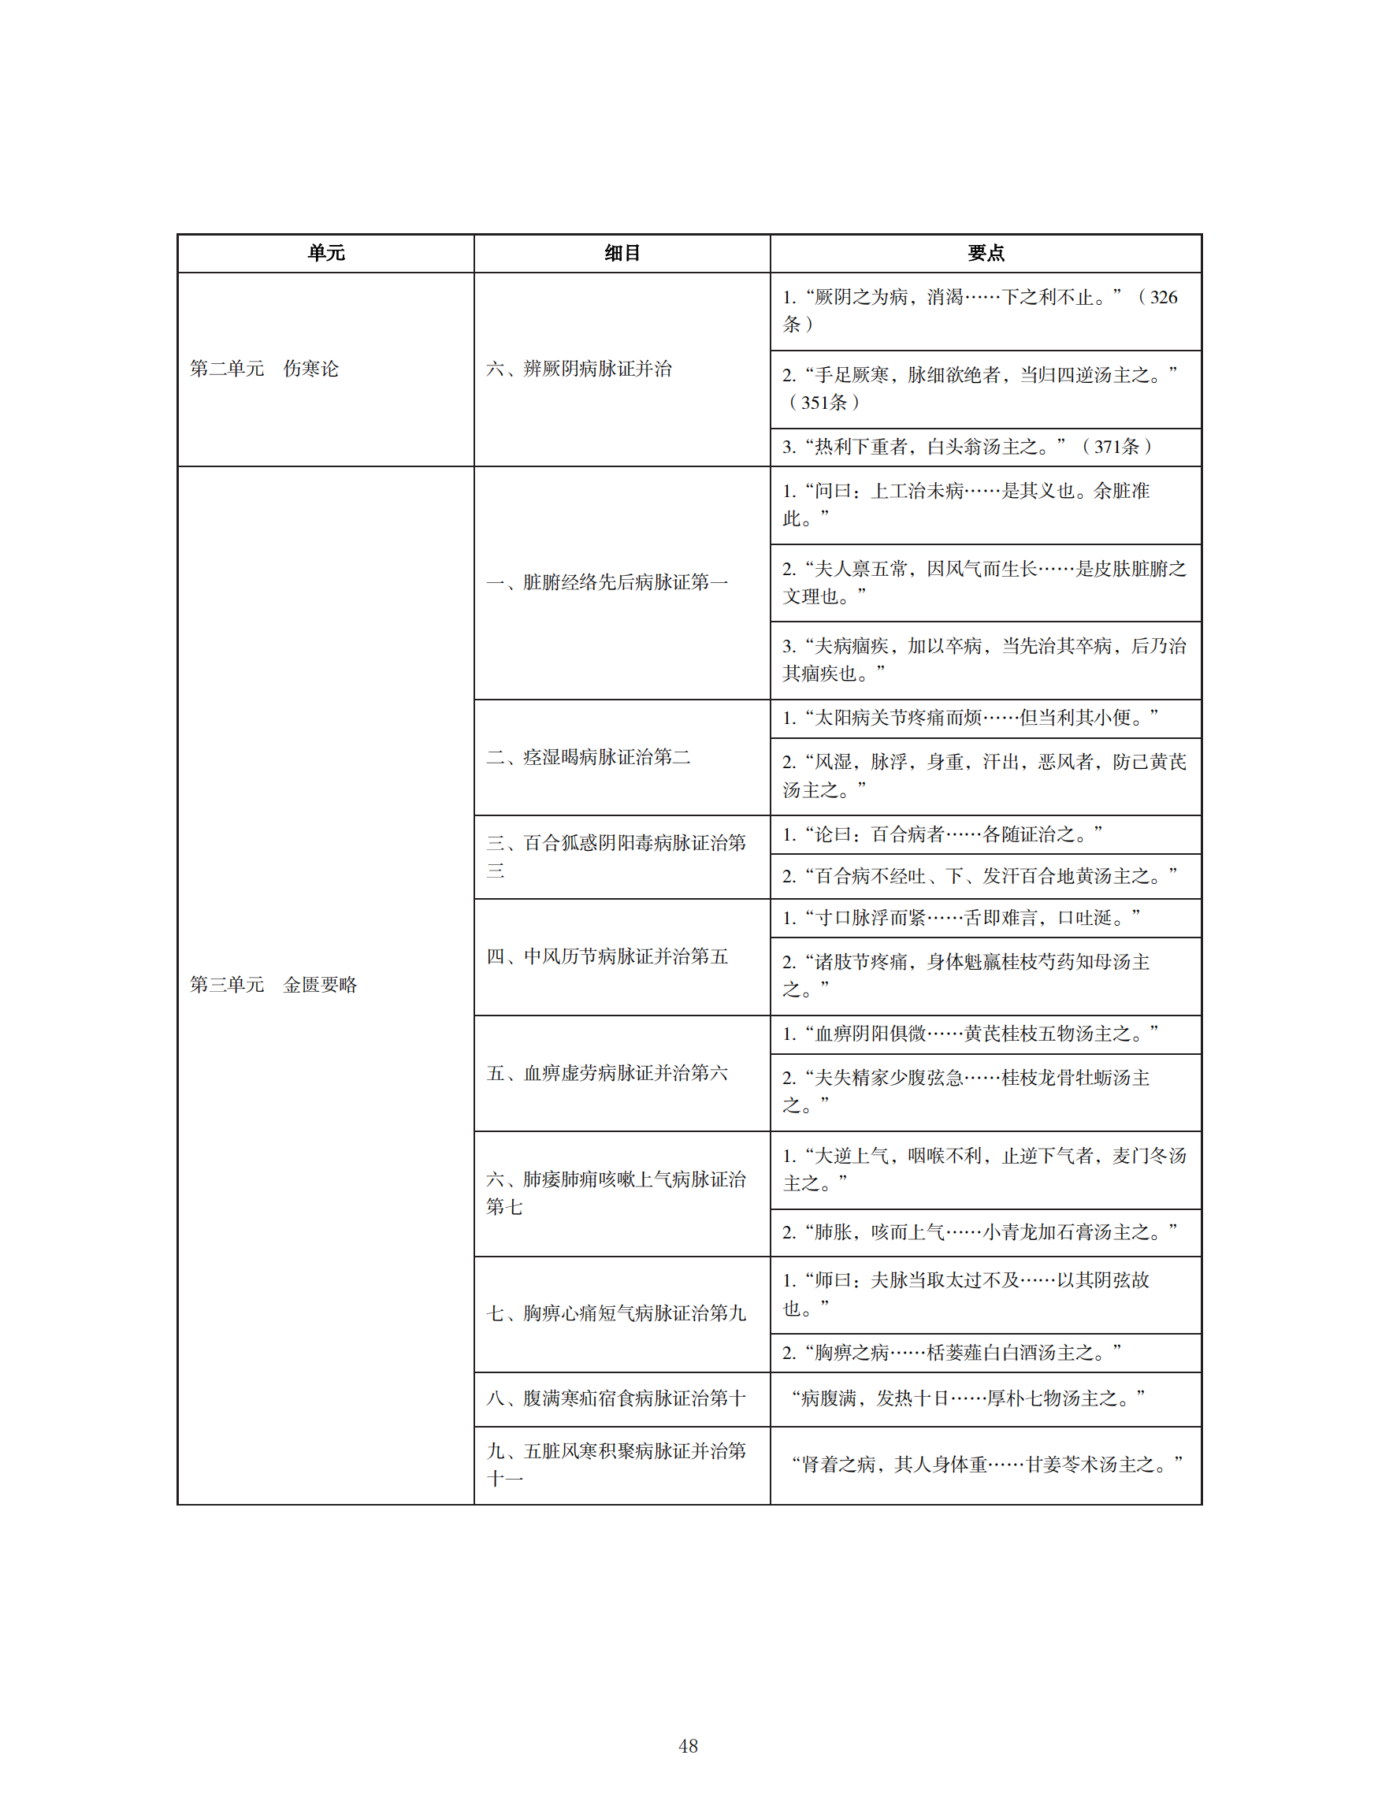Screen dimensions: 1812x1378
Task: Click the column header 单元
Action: tap(325, 254)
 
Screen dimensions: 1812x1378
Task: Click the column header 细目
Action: tap(622, 254)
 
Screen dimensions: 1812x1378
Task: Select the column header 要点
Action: tap(985, 254)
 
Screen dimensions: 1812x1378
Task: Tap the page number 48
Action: tap(688, 1746)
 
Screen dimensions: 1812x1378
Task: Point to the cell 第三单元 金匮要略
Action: tap(273, 984)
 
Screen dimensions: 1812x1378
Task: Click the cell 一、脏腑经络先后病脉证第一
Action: tap(607, 582)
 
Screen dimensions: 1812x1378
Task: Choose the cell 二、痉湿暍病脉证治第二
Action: tap(588, 757)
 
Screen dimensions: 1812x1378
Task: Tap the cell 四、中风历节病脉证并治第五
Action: tap(607, 956)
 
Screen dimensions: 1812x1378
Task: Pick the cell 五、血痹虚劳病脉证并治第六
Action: tap(607, 1073)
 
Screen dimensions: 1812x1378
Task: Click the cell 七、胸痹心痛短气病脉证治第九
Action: tap(616, 1313)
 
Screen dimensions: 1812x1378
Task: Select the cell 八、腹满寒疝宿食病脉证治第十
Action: tap(616, 1398)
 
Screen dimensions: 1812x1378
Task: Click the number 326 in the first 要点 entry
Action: tap(1163, 298)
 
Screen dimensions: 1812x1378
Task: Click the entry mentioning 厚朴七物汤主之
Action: tap(968, 1398)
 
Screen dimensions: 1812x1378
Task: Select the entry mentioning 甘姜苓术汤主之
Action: tap(986, 1465)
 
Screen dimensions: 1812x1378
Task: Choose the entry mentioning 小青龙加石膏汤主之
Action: tap(979, 1232)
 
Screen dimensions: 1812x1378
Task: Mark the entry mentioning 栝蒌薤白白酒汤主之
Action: tap(952, 1353)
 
